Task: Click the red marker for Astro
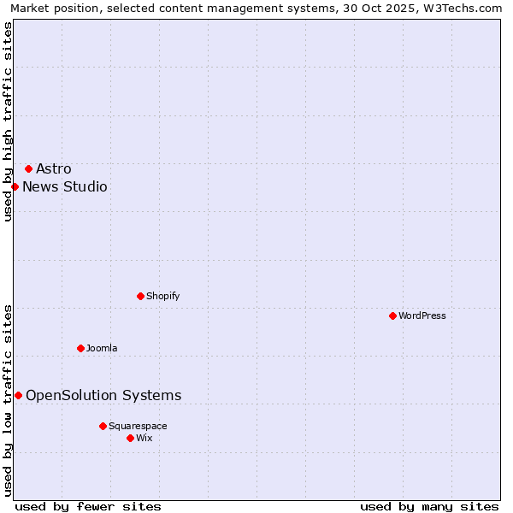click(x=28, y=168)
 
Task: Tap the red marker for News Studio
click(x=15, y=186)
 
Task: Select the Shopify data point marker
click(x=140, y=296)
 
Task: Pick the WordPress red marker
click(x=392, y=315)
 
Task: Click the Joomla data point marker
click(x=80, y=348)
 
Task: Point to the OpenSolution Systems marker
click(x=18, y=395)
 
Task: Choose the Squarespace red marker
click(x=103, y=426)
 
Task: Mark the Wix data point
click(x=130, y=438)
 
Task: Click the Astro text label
click(x=54, y=168)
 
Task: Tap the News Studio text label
click(x=65, y=186)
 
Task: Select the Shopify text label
click(x=162, y=296)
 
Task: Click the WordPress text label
click(x=422, y=315)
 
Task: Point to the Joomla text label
click(x=102, y=348)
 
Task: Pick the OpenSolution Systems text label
click(x=103, y=395)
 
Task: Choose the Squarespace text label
click(x=138, y=426)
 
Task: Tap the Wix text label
click(x=144, y=438)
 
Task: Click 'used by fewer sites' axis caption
click(x=88, y=506)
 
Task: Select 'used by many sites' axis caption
click(x=429, y=506)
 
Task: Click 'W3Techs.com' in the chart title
click(x=466, y=9)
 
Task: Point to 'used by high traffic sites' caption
click(x=9, y=121)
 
